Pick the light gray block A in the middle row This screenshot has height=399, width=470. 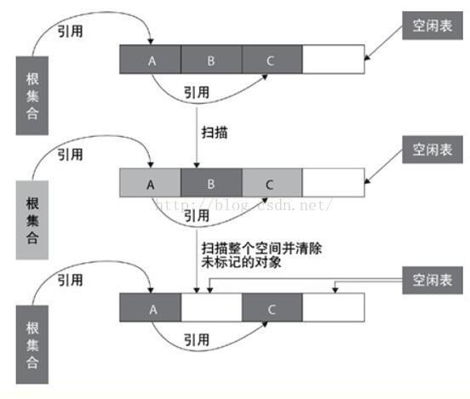pyautogui.click(x=151, y=183)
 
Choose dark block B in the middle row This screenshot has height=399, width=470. pyautogui.click(x=211, y=183)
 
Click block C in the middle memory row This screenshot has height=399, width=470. pyautogui.click(x=272, y=183)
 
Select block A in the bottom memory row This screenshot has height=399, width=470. pyautogui.click(x=151, y=308)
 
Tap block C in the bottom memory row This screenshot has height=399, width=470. pyautogui.click(x=272, y=308)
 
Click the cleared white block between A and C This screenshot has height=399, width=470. pyautogui.click(x=211, y=308)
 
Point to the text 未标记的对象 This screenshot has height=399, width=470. pyautogui.click(x=242, y=263)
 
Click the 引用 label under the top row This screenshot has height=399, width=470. pyautogui.click(x=197, y=93)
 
